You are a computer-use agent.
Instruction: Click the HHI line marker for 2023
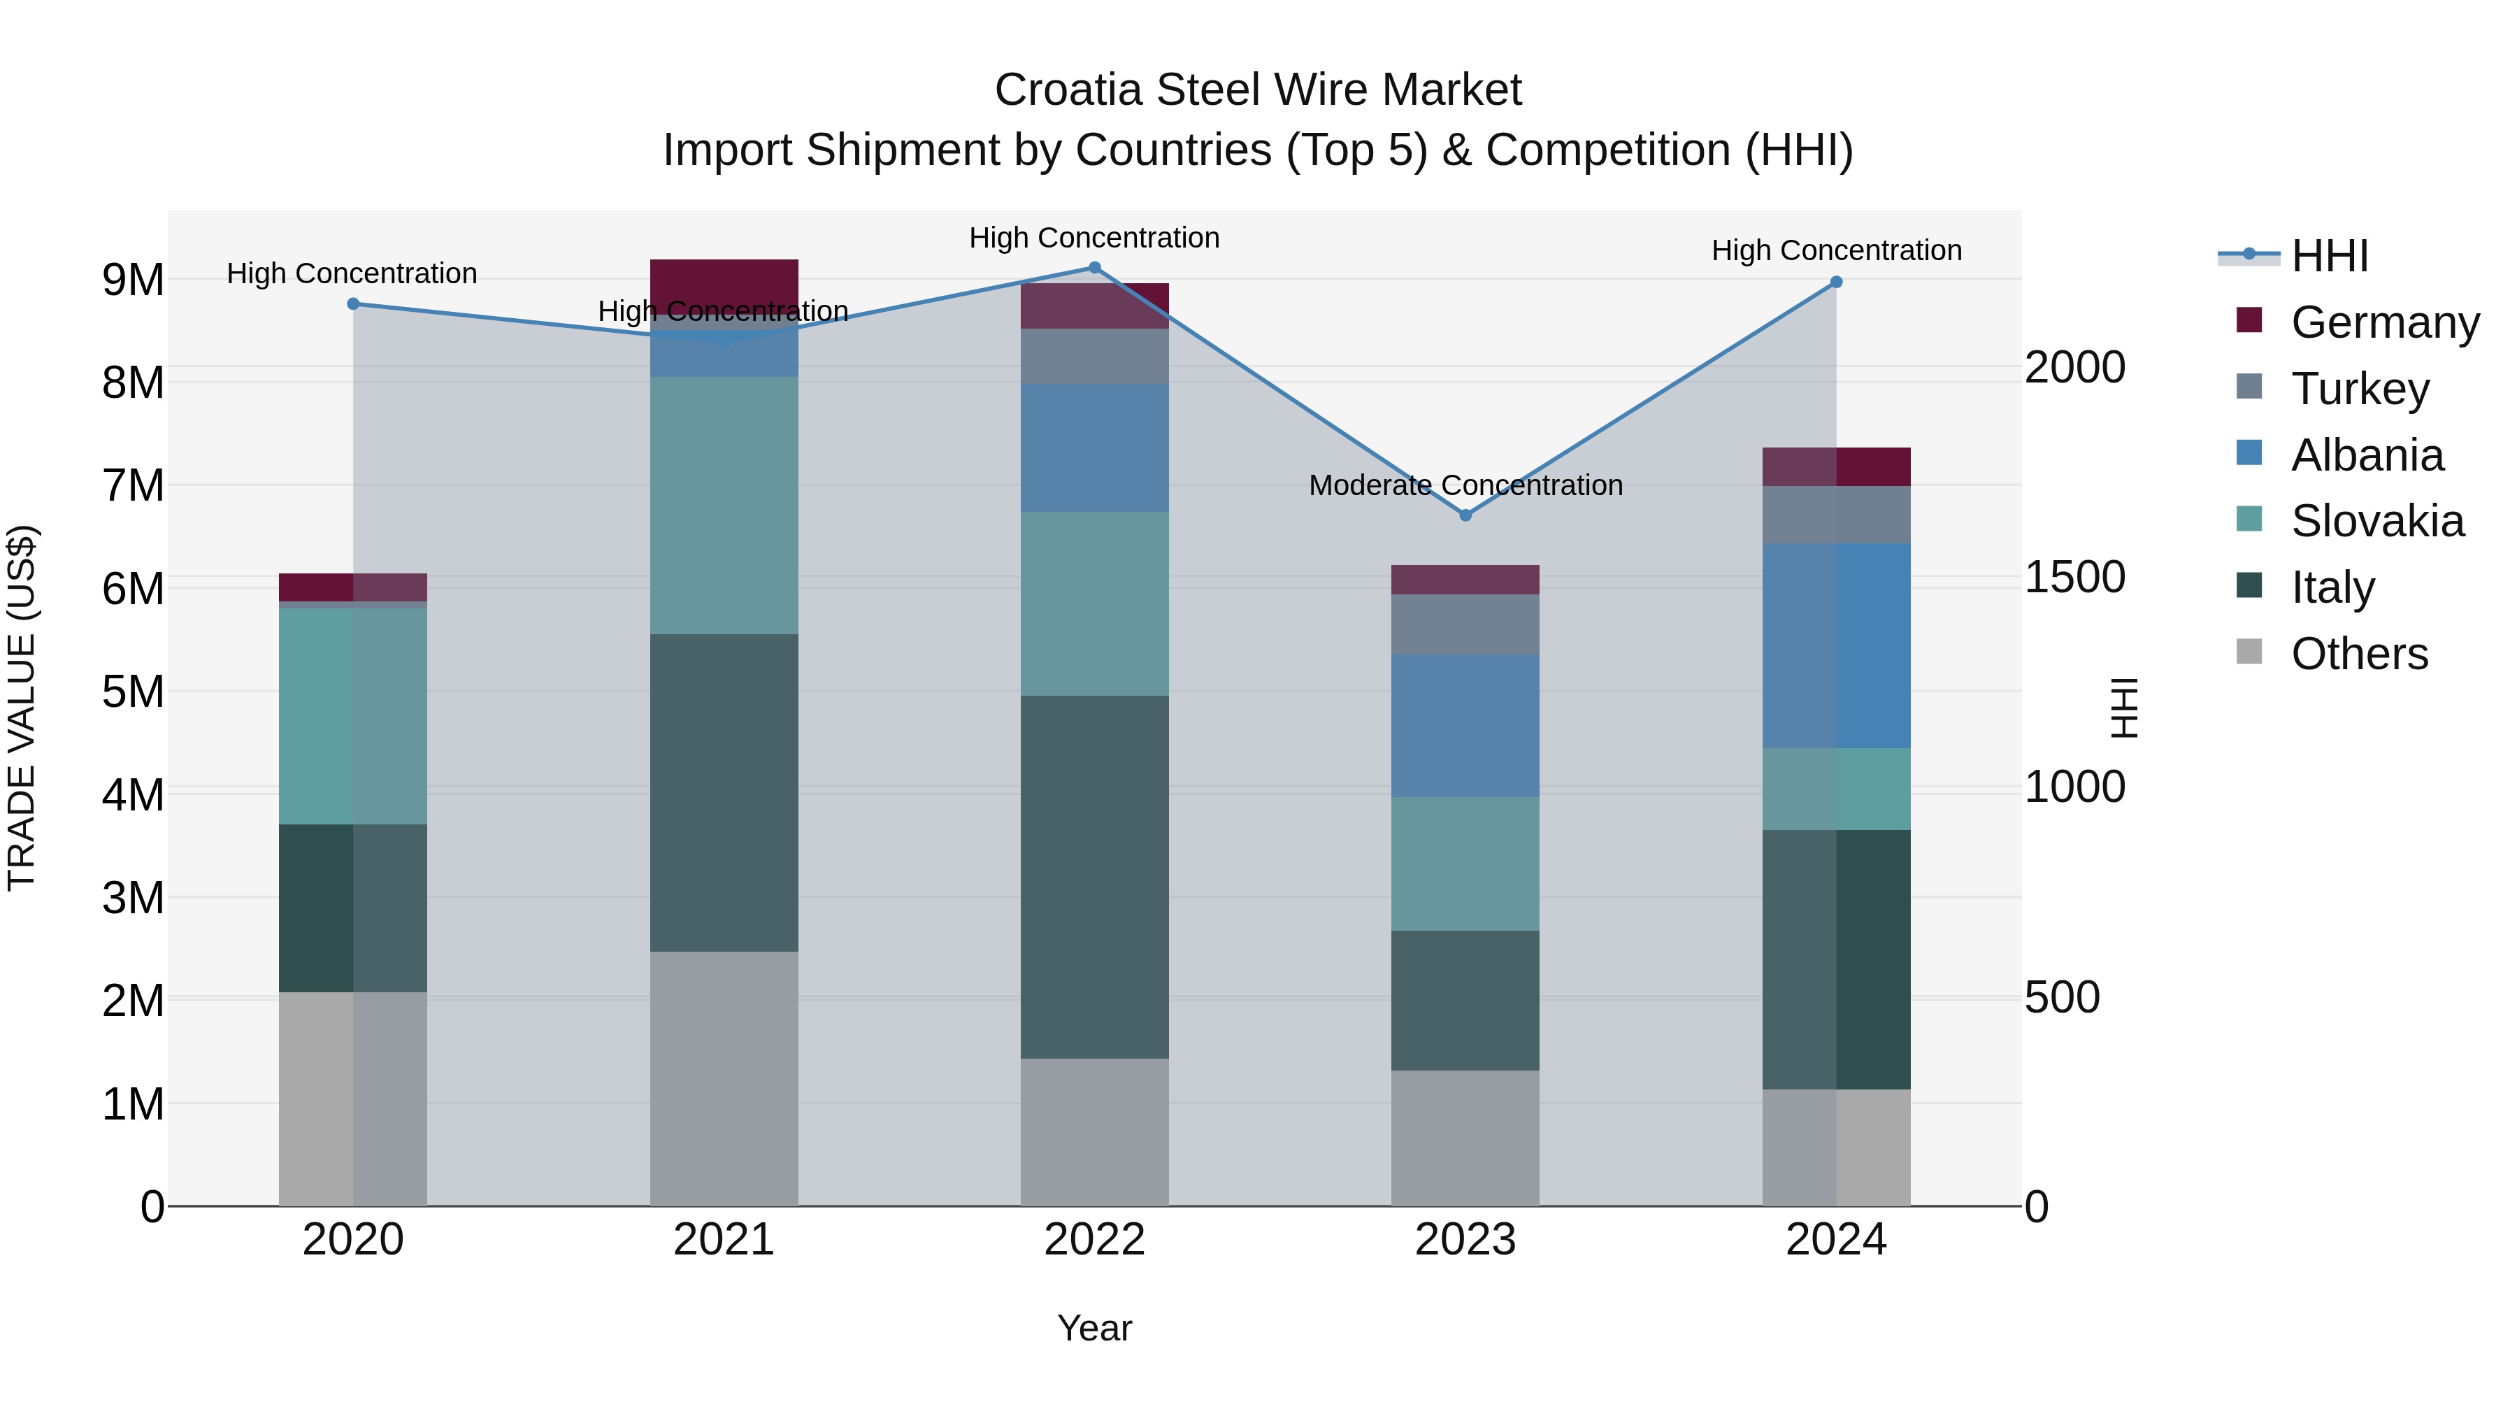[x=1465, y=515]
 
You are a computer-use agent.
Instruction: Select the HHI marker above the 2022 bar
[x=1094, y=268]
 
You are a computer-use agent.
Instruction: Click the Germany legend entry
[x=2384, y=322]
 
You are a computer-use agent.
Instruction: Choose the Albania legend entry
[x=2367, y=455]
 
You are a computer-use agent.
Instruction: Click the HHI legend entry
[x=2330, y=256]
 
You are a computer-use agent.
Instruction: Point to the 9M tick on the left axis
[x=133, y=280]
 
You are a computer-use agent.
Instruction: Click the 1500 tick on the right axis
[x=2074, y=577]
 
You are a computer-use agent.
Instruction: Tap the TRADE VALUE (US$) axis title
[x=22, y=708]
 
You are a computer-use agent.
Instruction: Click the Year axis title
[x=1094, y=1328]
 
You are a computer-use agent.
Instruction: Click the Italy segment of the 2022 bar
[x=1094, y=877]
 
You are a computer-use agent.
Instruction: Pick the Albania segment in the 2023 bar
[x=1465, y=725]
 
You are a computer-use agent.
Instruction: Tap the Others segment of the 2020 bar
[x=353, y=1099]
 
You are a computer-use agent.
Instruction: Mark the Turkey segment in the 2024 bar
[x=1836, y=514]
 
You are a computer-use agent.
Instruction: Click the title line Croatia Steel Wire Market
[x=1258, y=90]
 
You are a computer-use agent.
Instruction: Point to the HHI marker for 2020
[x=353, y=304]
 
